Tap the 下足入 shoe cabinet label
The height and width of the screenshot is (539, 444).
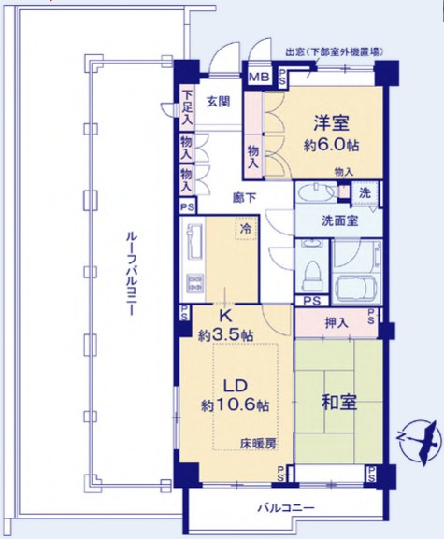pyautogui.click(x=188, y=107)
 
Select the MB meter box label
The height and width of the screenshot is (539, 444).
pyautogui.click(x=259, y=78)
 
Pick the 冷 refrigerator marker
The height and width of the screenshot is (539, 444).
pyautogui.click(x=245, y=228)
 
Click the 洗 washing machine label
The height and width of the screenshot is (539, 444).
pyautogui.click(x=365, y=193)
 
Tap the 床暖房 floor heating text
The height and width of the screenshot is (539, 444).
pyautogui.click(x=257, y=444)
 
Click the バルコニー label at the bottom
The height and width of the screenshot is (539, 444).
pyautogui.click(x=284, y=509)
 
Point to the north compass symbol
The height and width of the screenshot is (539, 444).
pyautogui.click(x=417, y=435)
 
